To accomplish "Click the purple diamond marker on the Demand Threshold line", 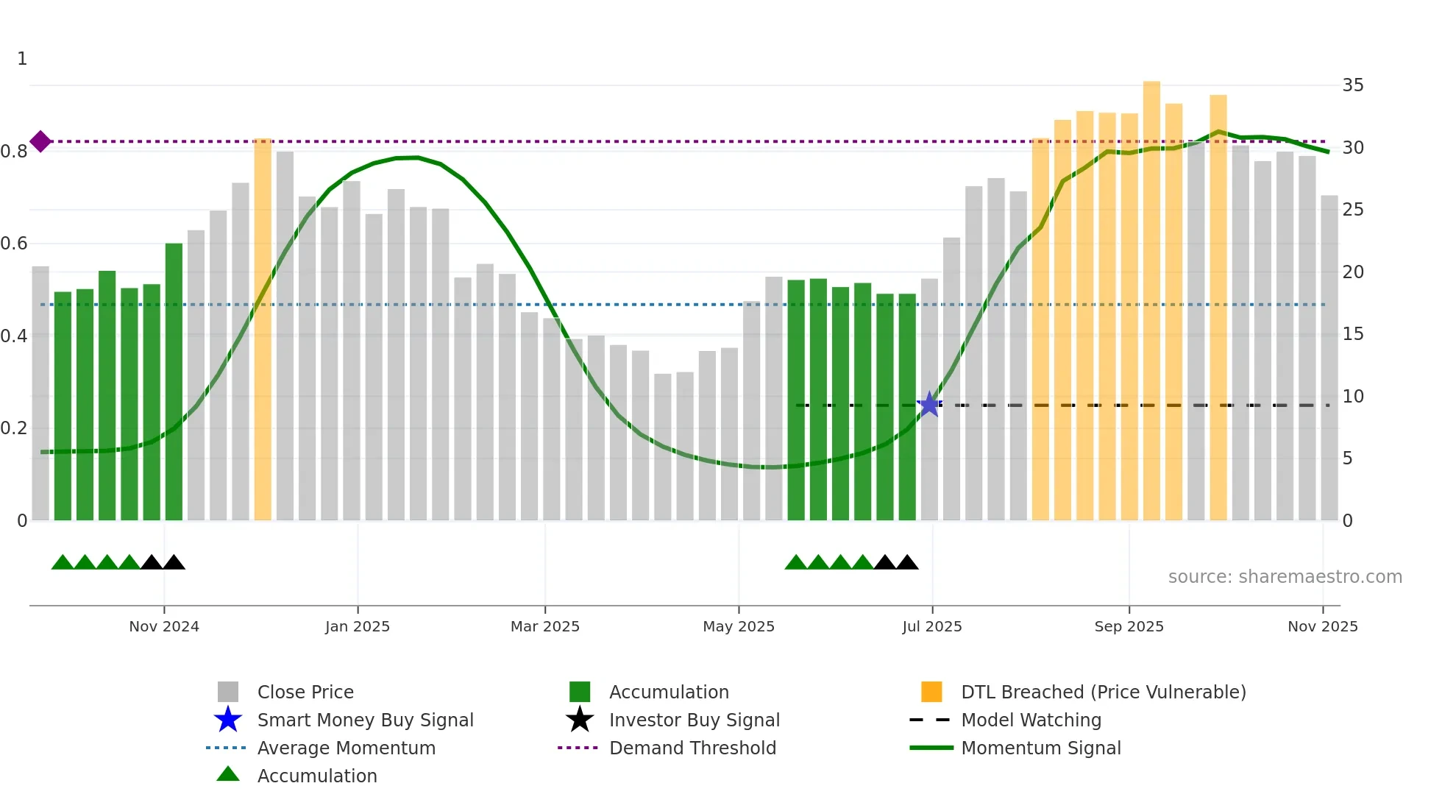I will tap(40, 141).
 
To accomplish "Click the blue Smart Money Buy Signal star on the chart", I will tap(929, 405).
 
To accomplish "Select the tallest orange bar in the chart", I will tap(1151, 302).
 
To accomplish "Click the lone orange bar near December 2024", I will tap(263, 330).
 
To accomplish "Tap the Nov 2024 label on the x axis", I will tap(164, 626).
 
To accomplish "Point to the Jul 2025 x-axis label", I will tap(932, 626).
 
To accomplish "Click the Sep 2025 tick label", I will tap(1129, 626).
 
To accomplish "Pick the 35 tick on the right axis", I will tap(1352, 85).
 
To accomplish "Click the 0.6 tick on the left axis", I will tap(14, 244).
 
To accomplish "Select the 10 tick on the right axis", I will tap(1352, 397).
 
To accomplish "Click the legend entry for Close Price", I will tap(305, 692).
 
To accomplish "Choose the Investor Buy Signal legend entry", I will tap(694, 720).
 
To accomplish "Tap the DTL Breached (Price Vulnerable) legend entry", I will tap(1103, 692).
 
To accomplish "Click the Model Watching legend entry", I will tap(1031, 720).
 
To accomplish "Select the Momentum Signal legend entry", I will tap(1040, 748).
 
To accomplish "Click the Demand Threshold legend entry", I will tap(692, 748).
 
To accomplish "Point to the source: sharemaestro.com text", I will tap(1285, 577).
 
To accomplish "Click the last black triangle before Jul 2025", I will tap(907, 563).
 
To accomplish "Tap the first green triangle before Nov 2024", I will tap(63, 563).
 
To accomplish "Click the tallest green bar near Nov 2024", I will tap(174, 383).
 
